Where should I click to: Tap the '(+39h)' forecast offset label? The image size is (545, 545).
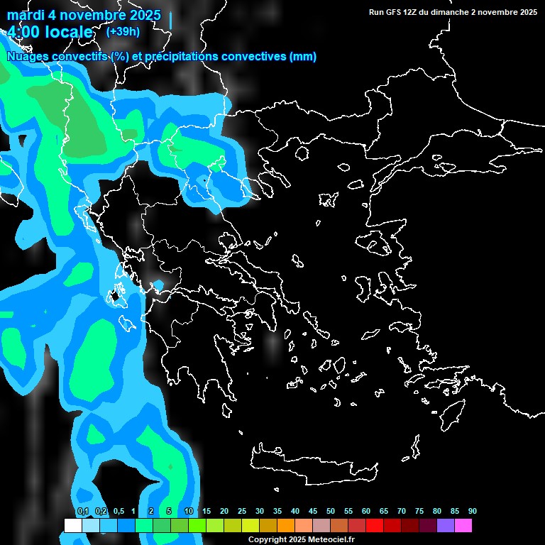tap(123, 31)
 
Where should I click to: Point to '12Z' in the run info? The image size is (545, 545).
tap(410, 12)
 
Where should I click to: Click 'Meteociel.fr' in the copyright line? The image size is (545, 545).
tap(326, 539)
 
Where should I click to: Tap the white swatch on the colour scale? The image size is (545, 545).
tap(73, 526)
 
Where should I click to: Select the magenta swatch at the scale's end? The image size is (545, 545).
tap(463, 526)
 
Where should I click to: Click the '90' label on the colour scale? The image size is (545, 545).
tap(473, 512)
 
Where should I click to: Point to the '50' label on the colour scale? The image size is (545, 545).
tap(331, 512)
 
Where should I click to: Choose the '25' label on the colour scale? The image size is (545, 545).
tap(242, 512)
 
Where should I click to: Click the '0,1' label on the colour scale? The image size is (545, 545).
tap(83, 512)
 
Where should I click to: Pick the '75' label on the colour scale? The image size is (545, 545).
tap(419, 512)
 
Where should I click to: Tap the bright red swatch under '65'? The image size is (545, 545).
tap(375, 526)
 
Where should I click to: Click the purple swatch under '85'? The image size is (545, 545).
tap(446, 526)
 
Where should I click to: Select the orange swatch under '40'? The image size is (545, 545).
tap(286, 526)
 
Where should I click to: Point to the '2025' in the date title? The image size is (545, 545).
tap(141, 15)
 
